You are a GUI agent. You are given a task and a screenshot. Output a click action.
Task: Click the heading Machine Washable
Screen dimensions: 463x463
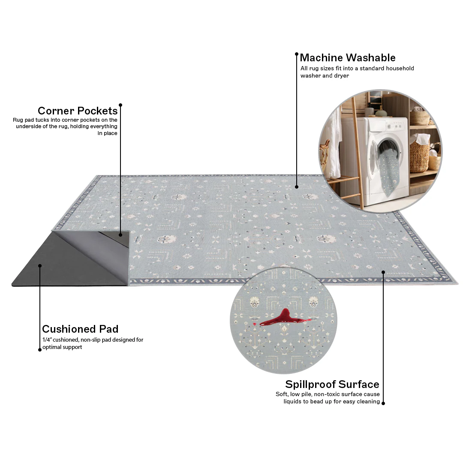pyautogui.click(x=348, y=57)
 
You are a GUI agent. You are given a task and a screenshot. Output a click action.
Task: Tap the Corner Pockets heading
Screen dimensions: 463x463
pyautogui.click(x=78, y=111)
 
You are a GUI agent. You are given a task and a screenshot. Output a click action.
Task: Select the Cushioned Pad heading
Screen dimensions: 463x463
pyautogui.click(x=80, y=329)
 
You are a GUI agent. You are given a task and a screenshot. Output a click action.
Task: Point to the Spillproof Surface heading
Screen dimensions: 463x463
pyautogui.click(x=332, y=384)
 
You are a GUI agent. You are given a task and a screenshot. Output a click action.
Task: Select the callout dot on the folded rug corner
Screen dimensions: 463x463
pyautogui.click(x=120, y=235)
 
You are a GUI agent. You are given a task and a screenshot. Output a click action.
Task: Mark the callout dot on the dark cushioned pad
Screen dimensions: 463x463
pyautogui.click(x=40, y=266)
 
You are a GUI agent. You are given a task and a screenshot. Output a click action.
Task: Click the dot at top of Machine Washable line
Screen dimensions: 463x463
pyautogui.click(x=297, y=54)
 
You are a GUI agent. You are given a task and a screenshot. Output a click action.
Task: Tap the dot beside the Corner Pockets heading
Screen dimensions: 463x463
pyautogui.click(x=120, y=105)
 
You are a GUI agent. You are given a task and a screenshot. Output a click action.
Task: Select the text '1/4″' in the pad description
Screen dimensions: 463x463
pyautogui.click(x=47, y=340)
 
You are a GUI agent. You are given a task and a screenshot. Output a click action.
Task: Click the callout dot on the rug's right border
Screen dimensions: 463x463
pyautogui.click(x=383, y=272)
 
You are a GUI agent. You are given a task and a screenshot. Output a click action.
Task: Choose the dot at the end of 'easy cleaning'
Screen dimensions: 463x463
pyautogui.click(x=383, y=403)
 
